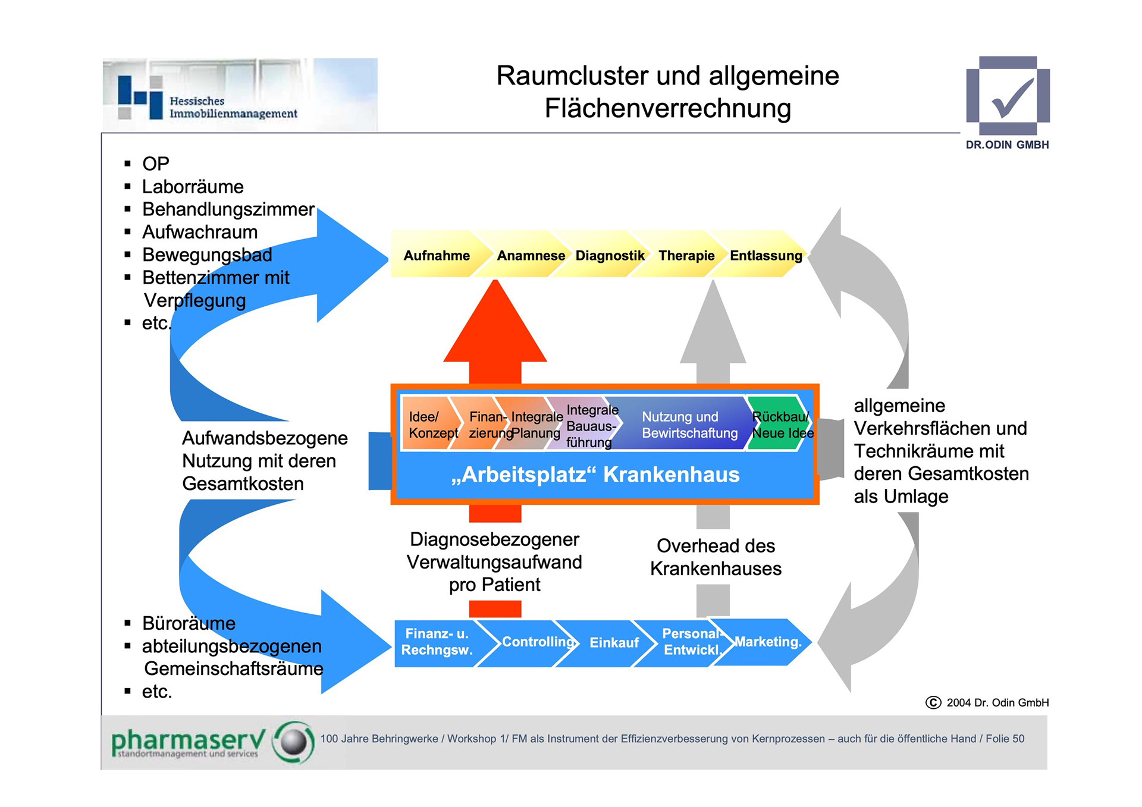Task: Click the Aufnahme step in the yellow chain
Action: pos(436,255)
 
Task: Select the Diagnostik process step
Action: pos(610,255)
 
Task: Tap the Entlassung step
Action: pos(765,255)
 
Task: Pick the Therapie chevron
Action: pos(686,255)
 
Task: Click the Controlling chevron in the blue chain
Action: pos(537,642)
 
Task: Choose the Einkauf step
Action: pos(614,643)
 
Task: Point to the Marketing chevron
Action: pos(768,642)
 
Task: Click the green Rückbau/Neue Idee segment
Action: pos(779,425)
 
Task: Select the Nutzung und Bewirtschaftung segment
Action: pos(689,425)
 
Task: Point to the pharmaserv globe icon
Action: pos(293,742)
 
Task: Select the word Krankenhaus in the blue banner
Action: pos(671,475)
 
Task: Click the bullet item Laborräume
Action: pos(193,187)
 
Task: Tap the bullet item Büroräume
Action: pos(189,623)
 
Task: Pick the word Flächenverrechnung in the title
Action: pos(667,108)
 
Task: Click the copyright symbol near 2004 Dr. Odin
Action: pos(933,703)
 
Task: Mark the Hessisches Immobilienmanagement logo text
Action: pos(232,108)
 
